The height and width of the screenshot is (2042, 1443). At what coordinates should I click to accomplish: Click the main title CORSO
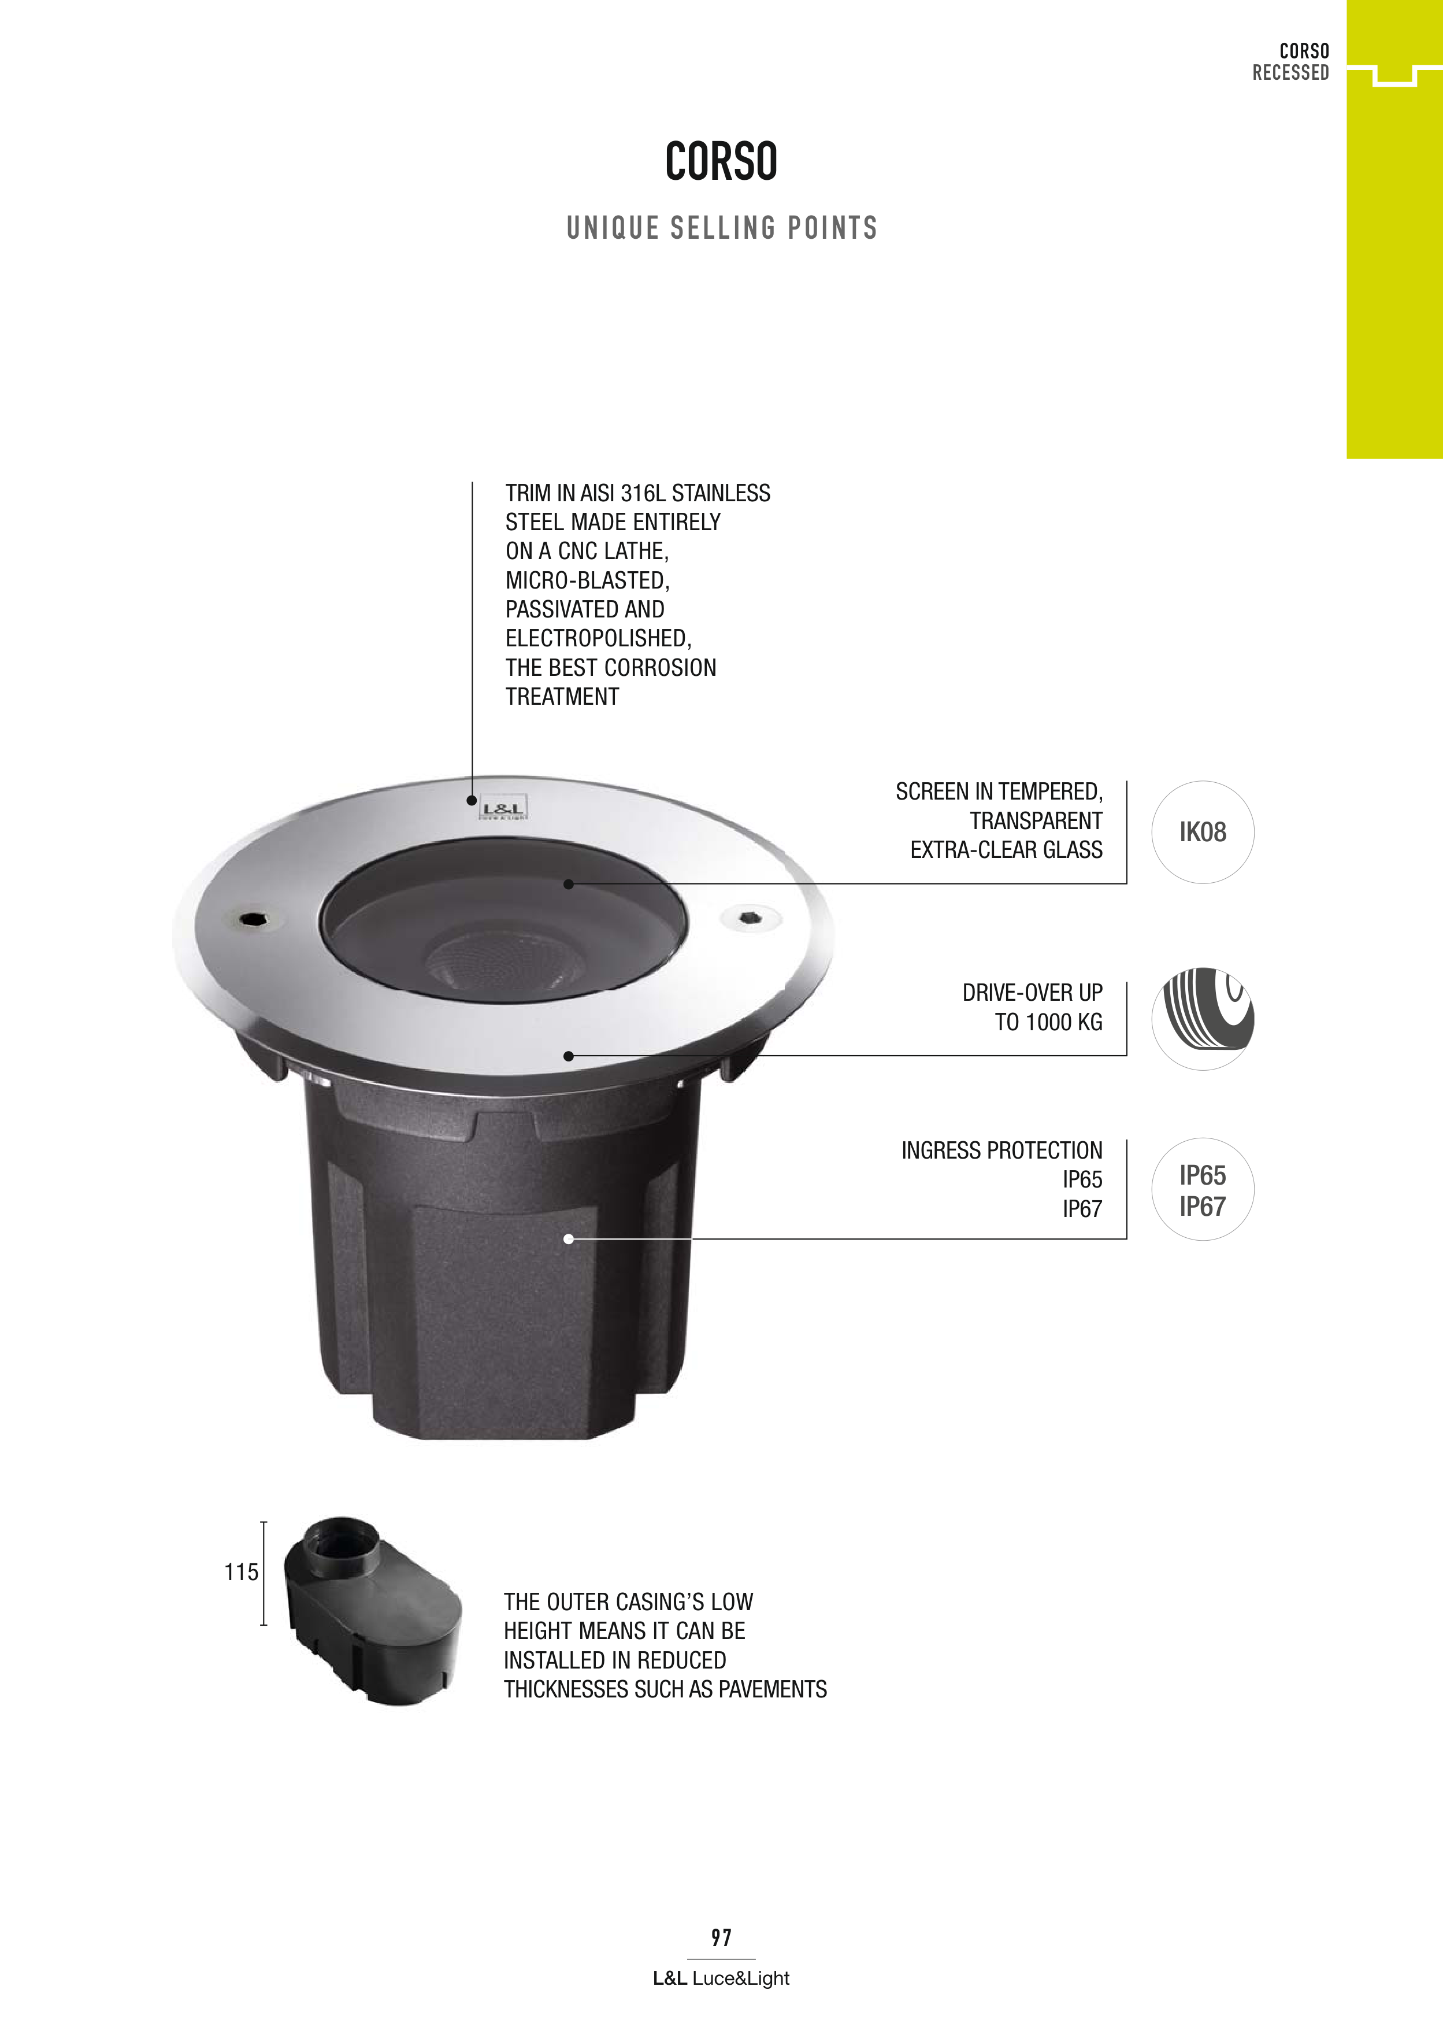coord(721,161)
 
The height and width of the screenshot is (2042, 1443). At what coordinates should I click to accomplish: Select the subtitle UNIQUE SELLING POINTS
coord(722,228)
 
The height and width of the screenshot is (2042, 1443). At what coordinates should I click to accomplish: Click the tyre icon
coord(1203,1018)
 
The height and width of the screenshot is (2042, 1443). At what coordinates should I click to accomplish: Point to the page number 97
coord(721,1937)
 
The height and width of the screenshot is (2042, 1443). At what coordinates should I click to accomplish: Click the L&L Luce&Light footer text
coord(721,1978)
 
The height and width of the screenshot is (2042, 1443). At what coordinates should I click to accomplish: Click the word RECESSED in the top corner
coord(1290,73)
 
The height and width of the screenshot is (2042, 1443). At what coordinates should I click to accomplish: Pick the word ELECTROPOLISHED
coord(598,639)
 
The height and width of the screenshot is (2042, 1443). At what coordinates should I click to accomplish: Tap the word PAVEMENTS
coord(771,1689)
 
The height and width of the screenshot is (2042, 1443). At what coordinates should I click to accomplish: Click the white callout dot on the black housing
coord(568,1239)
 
